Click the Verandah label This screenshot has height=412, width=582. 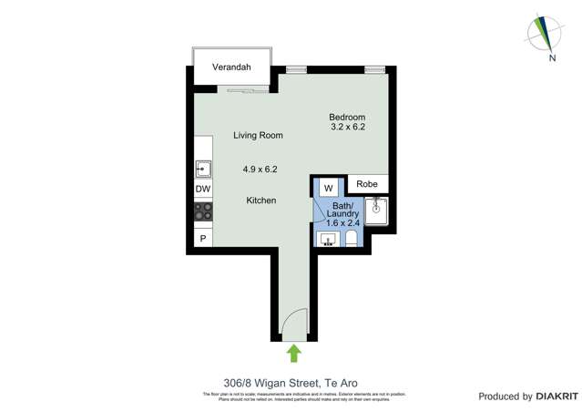click(x=231, y=67)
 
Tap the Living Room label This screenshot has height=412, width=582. click(x=258, y=135)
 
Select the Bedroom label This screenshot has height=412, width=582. click(x=347, y=117)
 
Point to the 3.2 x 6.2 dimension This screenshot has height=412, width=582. click(x=347, y=128)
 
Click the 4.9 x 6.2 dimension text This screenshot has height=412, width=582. click(x=260, y=169)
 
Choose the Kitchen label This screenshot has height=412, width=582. click(x=260, y=201)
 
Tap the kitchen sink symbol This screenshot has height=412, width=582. click(x=202, y=169)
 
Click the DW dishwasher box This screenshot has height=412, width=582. click(x=202, y=190)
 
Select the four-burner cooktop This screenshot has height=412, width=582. click(x=202, y=212)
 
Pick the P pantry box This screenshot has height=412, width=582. click(x=202, y=238)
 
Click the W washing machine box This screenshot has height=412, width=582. click(x=328, y=187)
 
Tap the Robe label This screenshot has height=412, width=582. click(x=366, y=184)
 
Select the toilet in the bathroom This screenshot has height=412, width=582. click(x=352, y=240)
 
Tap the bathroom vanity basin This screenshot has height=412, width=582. click(x=328, y=240)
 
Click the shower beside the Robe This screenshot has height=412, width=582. click(x=379, y=211)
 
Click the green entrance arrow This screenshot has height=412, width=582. click(x=293, y=354)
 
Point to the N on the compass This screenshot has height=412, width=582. click(x=552, y=58)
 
